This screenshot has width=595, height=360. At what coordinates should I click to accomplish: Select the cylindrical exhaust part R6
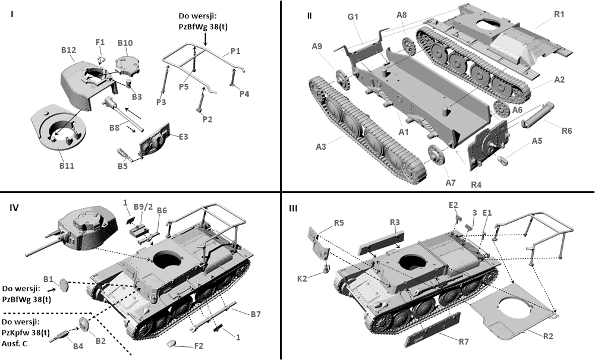tap(537, 114)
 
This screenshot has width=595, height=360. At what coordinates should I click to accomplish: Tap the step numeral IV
tap(14, 207)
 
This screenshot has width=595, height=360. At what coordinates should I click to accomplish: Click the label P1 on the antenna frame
tap(235, 52)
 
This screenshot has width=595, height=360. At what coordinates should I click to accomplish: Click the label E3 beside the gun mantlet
tap(183, 137)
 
